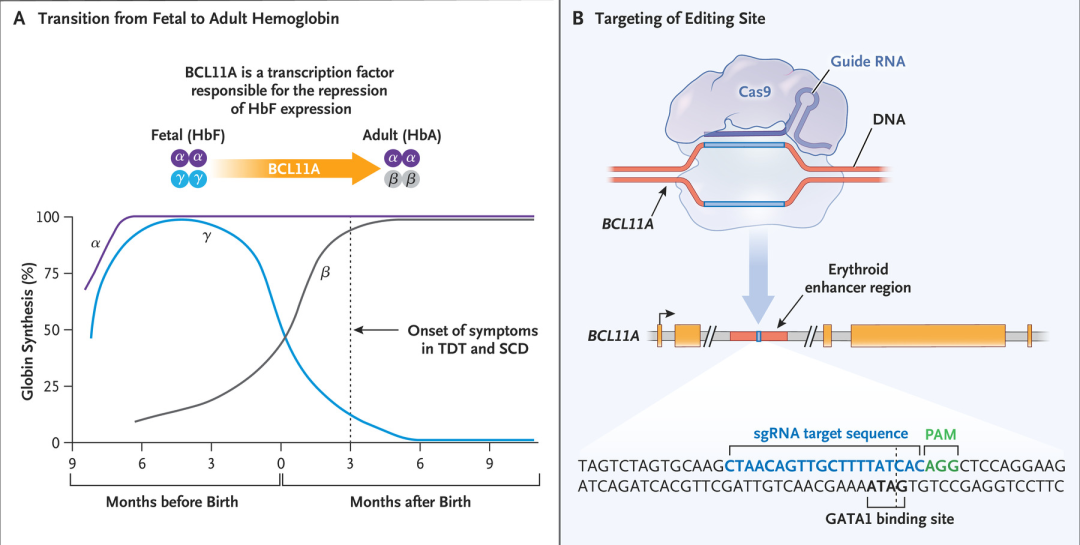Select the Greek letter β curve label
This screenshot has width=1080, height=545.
pyautogui.click(x=325, y=272)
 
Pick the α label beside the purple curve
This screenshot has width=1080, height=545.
pyautogui.click(x=94, y=242)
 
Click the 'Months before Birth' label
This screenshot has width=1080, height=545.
pyautogui.click(x=172, y=501)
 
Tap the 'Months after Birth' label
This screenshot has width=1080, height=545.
pyautogui.click(x=410, y=501)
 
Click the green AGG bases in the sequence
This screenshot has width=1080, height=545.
pyautogui.click(x=942, y=465)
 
